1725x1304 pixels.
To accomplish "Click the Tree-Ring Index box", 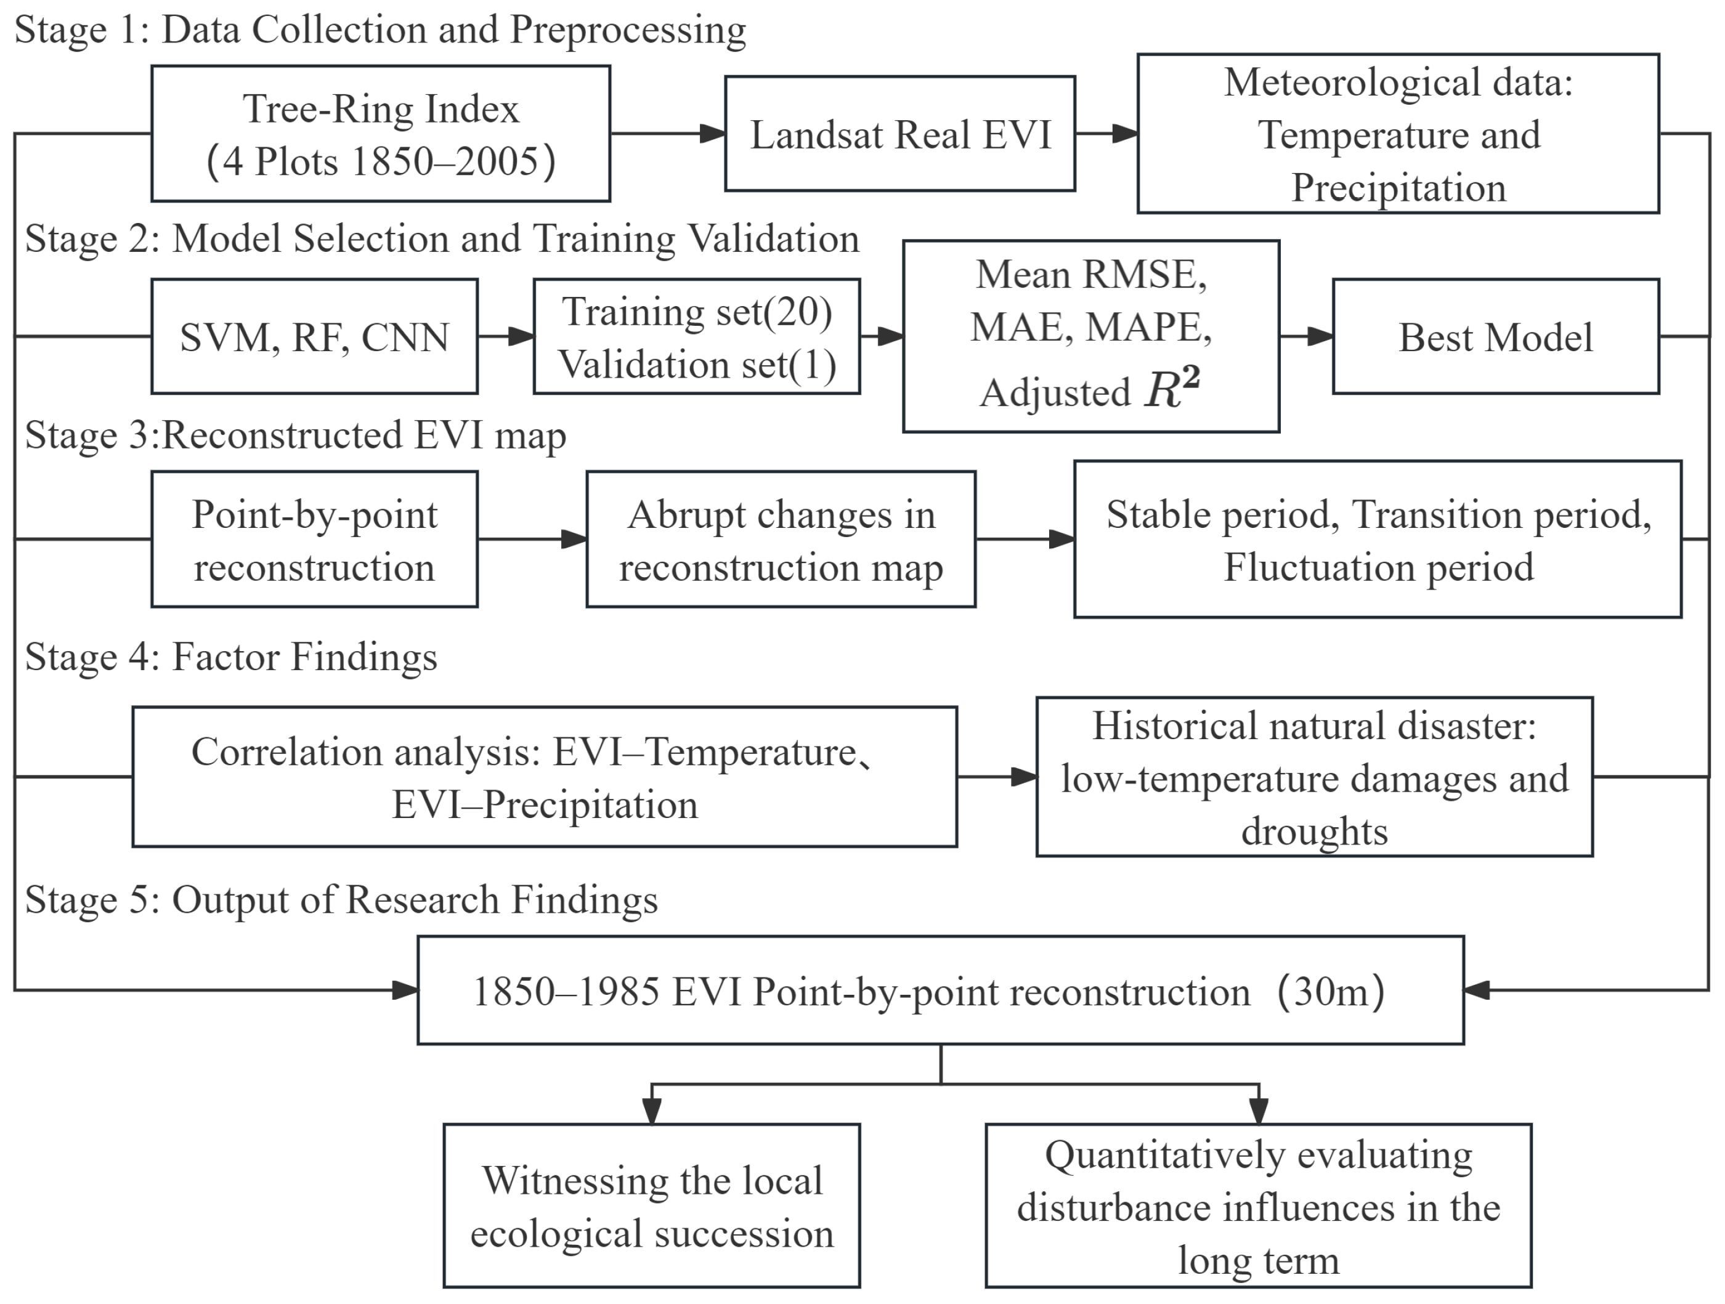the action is pyautogui.click(x=381, y=134).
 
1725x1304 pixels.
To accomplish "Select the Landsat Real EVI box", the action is pyautogui.click(x=900, y=134).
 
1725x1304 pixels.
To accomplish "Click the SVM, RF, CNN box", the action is pyautogui.click(x=314, y=336).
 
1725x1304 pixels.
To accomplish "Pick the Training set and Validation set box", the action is pyautogui.click(x=696, y=336).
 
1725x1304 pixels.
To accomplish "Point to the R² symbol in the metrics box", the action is pyautogui.click(x=1172, y=389).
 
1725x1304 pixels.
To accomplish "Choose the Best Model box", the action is pyautogui.click(x=1496, y=336).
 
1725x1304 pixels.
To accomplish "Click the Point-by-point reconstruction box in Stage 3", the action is pyautogui.click(x=314, y=539).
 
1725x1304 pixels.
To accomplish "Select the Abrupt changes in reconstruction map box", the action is pyautogui.click(x=781, y=539).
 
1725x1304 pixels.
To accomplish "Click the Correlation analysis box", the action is pyautogui.click(x=545, y=777).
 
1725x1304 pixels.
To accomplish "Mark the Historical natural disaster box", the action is pyautogui.click(x=1314, y=777).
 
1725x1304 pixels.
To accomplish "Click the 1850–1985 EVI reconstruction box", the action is pyautogui.click(x=941, y=990).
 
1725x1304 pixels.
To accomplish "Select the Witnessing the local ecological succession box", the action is pyautogui.click(x=651, y=1205).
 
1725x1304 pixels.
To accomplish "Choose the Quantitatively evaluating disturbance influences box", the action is pyautogui.click(x=1258, y=1205).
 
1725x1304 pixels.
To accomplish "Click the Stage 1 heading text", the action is pyautogui.click(x=381, y=30).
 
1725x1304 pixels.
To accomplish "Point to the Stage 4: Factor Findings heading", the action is pyautogui.click(x=231, y=657).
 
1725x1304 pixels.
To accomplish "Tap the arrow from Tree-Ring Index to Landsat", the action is pyautogui.click(x=668, y=134).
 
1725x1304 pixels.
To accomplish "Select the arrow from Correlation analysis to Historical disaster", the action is pyautogui.click(x=997, y=777).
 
